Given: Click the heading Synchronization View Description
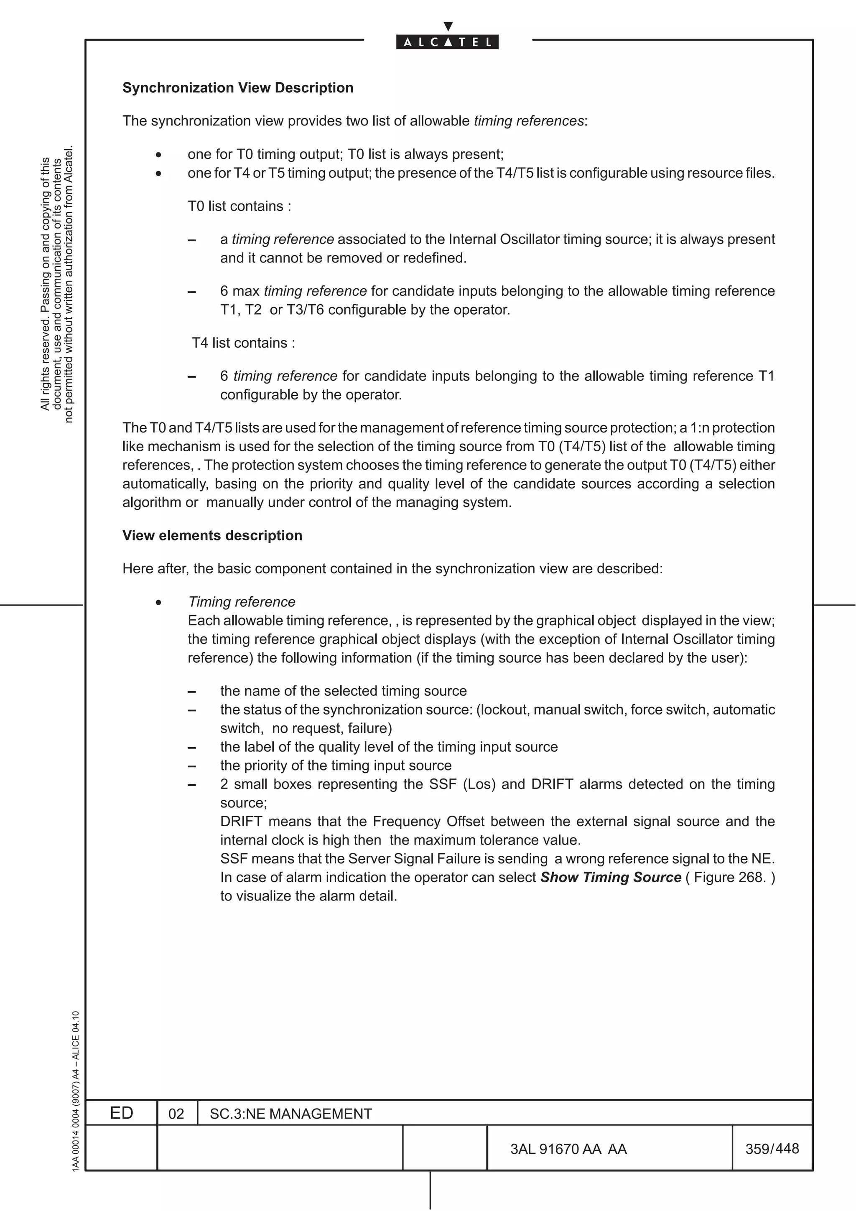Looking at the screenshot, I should pos(238,88).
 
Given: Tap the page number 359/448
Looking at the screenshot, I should pos(772,1148).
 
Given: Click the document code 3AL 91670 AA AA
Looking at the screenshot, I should pos(568,1149).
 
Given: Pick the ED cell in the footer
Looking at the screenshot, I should pos(121,1113).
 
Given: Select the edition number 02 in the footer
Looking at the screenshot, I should pos(176,1114).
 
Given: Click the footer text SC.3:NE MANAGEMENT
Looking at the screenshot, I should pos(290,1114).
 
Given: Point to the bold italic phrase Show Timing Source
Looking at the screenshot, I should pos(611,877).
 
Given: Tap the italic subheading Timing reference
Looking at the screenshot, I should pos(242,602).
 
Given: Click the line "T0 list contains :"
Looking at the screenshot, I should pos(239,206).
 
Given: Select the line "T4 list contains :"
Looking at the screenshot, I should pos(243,343).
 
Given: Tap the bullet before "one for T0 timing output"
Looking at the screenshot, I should pos(158,155).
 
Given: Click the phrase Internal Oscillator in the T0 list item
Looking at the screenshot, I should pos(504,239).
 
